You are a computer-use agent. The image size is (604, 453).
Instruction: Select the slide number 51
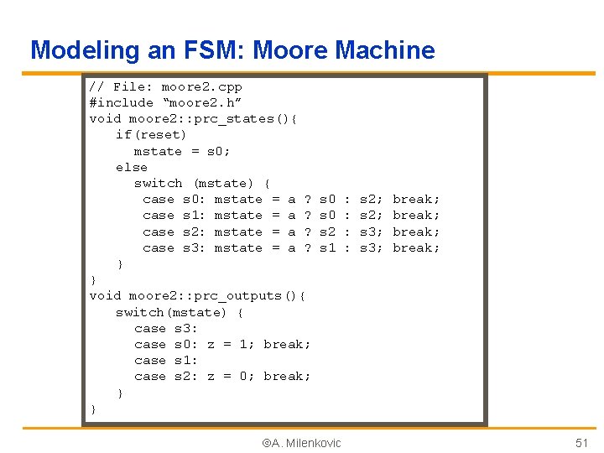click(x=581, y=443)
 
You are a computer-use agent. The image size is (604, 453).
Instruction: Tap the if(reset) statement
click(x=151, y=134)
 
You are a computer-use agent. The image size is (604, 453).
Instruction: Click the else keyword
click(x=131, y=167)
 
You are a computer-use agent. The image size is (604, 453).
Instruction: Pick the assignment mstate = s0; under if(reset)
click(x=181, y=151)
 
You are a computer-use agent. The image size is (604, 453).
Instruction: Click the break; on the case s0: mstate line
click(x=416, y=199)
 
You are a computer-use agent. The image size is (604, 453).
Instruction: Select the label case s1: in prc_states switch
click(x=170, y=215)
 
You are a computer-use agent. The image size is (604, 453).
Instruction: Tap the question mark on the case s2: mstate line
click(x=308, y=232)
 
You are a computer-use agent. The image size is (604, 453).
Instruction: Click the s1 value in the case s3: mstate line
click(x=328, y=247)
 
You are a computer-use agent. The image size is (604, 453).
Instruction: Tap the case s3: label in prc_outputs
click(x=166, y=328)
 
